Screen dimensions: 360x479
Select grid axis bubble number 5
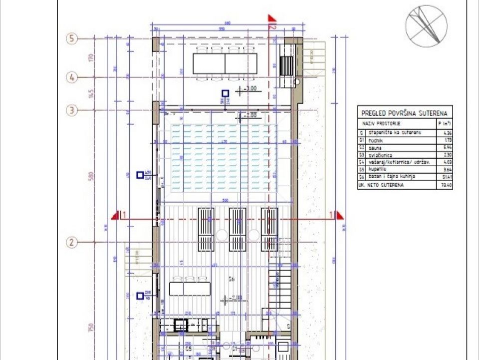pos(72,38)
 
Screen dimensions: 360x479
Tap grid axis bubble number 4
pos(72,77)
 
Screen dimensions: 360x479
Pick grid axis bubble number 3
pos(72,110)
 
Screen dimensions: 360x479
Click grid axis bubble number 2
pos(72,243)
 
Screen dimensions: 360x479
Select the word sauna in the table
pos(375,148)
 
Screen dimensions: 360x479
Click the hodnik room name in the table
pos(376,141)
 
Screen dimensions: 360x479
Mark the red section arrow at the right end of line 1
pos(340,215)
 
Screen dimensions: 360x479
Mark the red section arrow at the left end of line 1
pos(116,215)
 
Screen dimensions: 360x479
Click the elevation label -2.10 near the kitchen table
pos(236,299)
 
